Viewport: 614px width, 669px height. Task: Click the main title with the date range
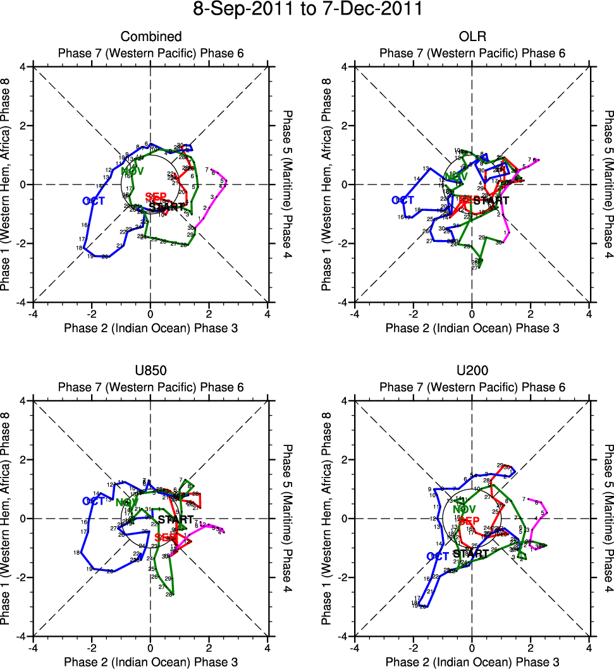point(307,10)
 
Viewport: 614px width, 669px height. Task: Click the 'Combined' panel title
point(150,37)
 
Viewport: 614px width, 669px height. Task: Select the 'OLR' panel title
point(472,37)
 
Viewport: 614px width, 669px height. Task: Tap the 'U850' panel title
point(150,371)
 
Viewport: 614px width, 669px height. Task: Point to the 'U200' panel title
point(472,371)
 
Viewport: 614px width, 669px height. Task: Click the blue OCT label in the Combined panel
point(93,201)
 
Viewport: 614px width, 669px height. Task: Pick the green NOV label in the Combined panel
point(132,171)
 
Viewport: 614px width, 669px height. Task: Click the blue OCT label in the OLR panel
point(403,200)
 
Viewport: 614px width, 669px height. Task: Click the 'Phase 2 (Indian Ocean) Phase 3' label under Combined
point(150,328)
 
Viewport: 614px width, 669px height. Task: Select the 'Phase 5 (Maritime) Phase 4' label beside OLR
point(608,184)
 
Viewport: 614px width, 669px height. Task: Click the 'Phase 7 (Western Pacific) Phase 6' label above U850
point(150,387)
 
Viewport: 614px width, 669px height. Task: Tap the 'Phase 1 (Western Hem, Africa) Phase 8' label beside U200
point(327,518)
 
